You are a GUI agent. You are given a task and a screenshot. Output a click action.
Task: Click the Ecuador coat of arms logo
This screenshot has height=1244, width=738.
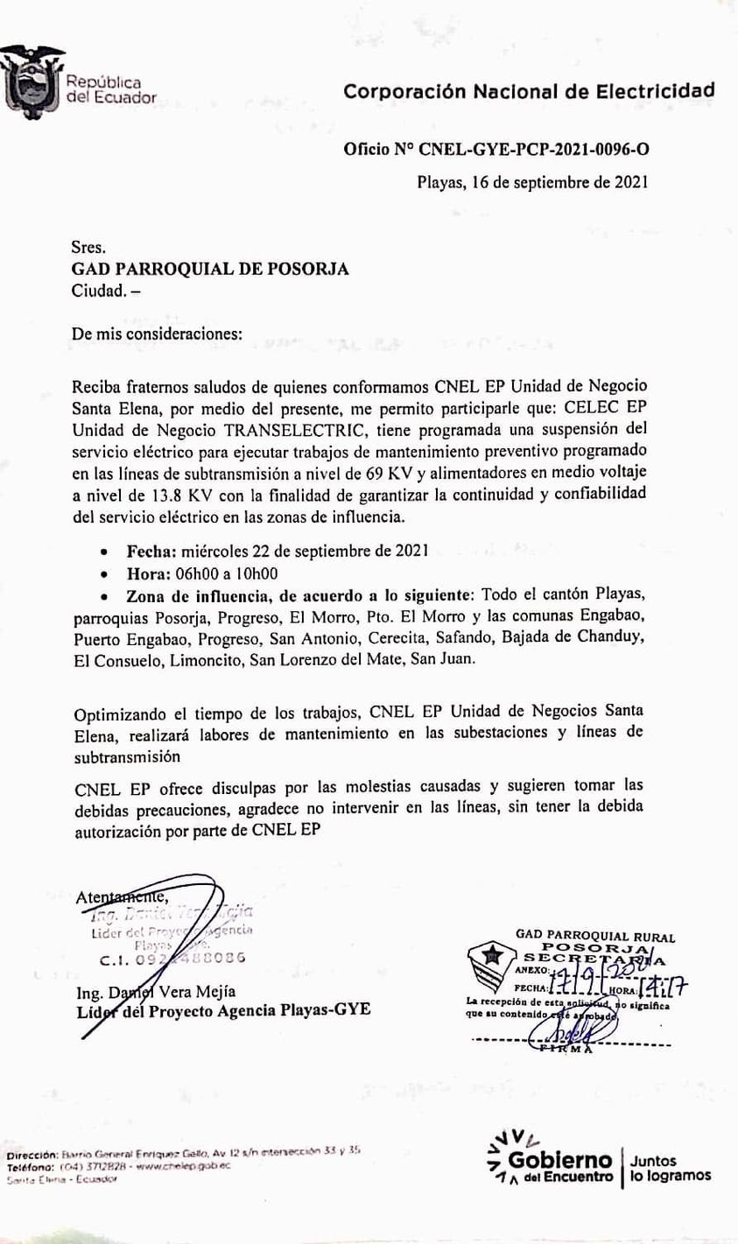(x=32, y=83)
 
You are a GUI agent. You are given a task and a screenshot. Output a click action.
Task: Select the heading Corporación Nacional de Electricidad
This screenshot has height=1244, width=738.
(x=529, y=91)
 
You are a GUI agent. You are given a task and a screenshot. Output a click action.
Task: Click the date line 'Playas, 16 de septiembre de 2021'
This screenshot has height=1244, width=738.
(x=531, y=183)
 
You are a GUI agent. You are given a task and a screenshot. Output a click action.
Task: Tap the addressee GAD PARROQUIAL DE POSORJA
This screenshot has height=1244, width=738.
(x=210, y=270)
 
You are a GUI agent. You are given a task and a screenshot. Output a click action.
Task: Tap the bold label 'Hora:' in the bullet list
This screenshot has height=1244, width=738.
(x=151, y=574)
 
